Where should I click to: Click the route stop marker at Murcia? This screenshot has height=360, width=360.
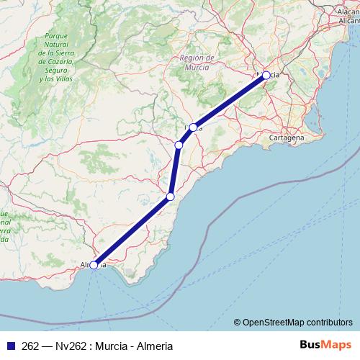click(x=266, y=75)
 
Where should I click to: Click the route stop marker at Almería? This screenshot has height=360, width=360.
click(x=94, y=265)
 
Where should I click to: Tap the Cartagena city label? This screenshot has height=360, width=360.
click(x=286, y=137)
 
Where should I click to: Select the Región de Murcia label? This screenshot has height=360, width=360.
click(x=197, y=63)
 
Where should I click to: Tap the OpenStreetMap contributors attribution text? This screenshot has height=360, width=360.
click(x=297, y=323)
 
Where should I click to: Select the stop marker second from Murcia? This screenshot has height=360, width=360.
click(x=193, y=127)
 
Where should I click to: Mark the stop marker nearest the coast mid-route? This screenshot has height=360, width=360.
click(x=171, y=196)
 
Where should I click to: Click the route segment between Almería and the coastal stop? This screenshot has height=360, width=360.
click(x=132, y=230)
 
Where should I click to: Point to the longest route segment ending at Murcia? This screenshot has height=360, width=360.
click(x=230, y=101)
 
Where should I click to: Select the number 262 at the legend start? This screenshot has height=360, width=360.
click(x=31, y=346)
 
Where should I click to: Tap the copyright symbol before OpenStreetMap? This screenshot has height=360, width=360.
click(x=238, y=323)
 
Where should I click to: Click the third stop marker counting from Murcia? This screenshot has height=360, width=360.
click(x=179, y=145)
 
